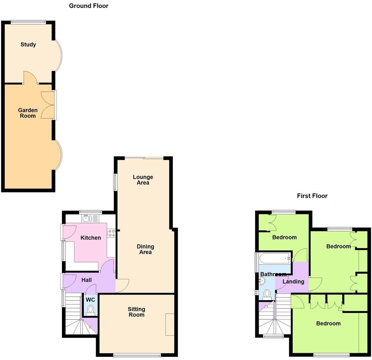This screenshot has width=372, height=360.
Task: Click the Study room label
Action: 28,44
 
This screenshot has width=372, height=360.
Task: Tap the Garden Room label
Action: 28,113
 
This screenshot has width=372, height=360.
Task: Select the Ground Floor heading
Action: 89,6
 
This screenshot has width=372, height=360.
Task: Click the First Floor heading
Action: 312,196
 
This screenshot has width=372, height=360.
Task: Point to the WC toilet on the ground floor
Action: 90,309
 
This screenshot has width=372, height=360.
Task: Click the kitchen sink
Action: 86,218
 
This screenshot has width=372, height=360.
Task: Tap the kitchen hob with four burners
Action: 111,233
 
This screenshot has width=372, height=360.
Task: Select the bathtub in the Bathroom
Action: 275,258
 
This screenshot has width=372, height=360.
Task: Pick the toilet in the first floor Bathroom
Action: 267,294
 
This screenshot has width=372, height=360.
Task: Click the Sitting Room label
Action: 136,312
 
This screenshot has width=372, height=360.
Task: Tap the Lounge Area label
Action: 143,180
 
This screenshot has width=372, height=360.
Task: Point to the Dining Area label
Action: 145,249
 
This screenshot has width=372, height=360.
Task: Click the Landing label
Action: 293,281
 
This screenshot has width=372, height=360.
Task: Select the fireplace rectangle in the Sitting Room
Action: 170,324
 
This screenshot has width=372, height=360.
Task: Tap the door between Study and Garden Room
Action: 30,78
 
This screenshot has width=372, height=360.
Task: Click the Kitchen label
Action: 91,238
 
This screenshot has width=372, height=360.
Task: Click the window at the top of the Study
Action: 28,22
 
